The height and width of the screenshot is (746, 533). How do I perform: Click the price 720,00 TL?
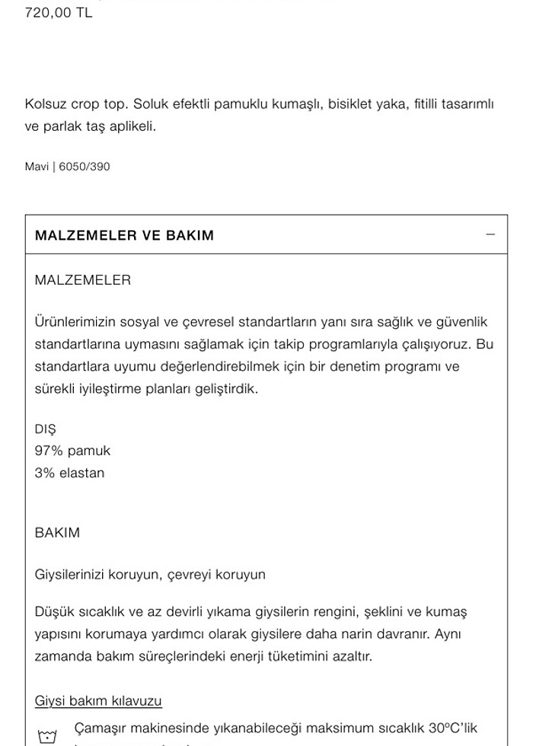pyautogui.click(x=59, y=13)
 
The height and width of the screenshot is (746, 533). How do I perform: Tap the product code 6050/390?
pyautogui.click(x=85, y=167)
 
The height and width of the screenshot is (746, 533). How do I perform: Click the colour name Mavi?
pyautogui.click(x=37, y=167)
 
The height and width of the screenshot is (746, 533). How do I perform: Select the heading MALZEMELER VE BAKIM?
pyautogui.click(x=124, y=235)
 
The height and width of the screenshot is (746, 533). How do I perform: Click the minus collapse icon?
pyautogui.click(x=490, y=234)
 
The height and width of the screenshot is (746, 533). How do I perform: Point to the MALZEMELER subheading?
pyautogui.click(x=82, y=280)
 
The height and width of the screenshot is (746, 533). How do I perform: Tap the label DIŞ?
pyautogui.click(x=45, y=429)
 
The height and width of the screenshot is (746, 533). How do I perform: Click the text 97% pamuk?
pyautogui.click(x=72, y=451)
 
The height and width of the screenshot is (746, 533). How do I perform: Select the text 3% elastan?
pyautogui.click(x=69, y=473)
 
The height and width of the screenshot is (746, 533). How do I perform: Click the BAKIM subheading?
pyautogui.click(x=57, y=533)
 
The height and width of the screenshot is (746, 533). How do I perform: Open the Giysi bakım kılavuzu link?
pyautogui.click(x=98, y=701)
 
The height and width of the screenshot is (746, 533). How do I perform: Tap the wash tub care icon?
pyautogui.click(x=47, y=736)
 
